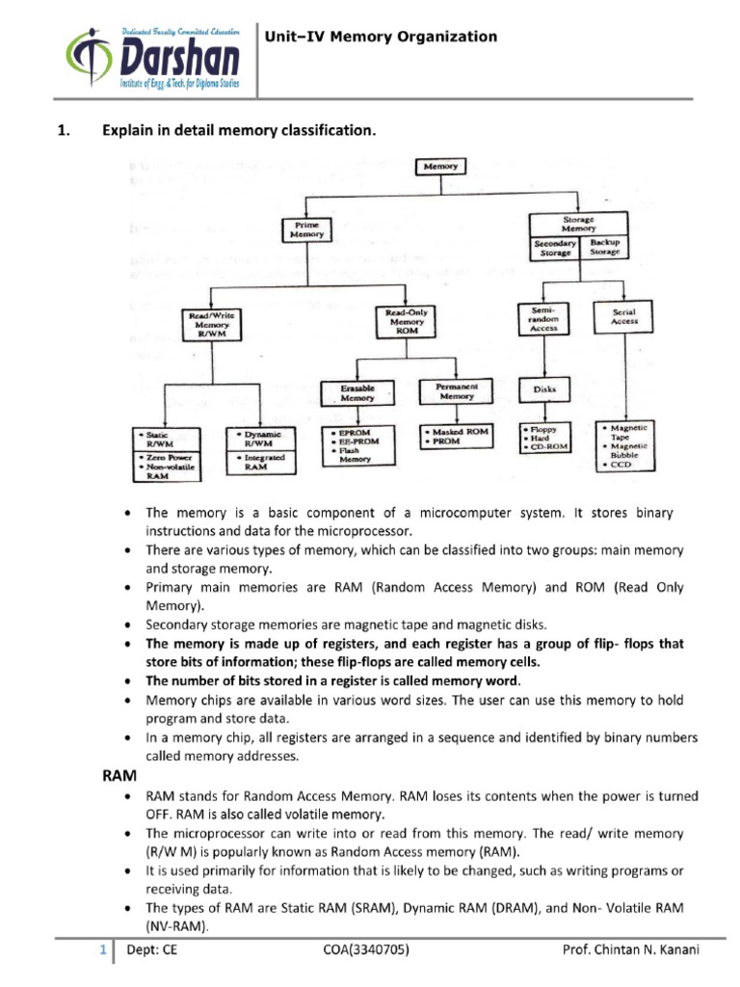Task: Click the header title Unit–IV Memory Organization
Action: point(382,37)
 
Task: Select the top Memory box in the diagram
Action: point(440,167)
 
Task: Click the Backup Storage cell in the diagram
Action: point(604,248)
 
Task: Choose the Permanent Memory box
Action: point(456,390)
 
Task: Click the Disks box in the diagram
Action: point(544,390)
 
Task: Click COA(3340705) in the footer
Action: point(368,950)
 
